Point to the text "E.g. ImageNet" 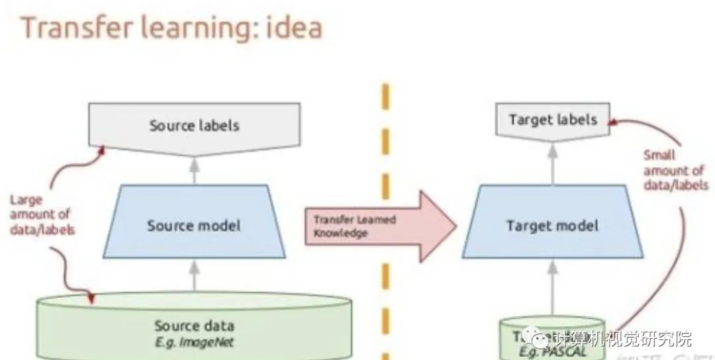click(194, 342)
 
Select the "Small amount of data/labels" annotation click(675, 171)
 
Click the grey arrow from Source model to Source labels click(194, 171)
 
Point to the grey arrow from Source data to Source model click(194, 275)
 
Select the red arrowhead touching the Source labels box click(101, 152)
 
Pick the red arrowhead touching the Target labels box click(614, 122)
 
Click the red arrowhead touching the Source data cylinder click(91, 299)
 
